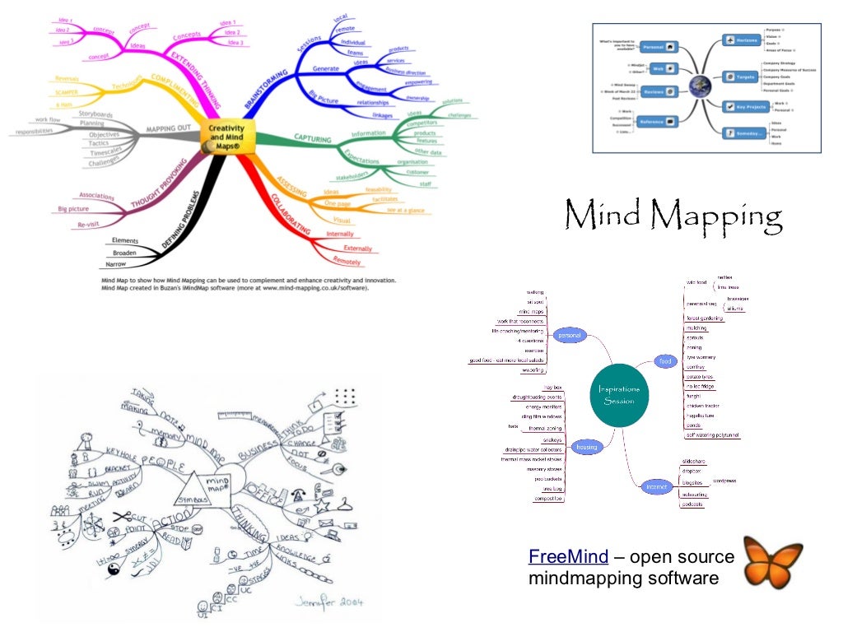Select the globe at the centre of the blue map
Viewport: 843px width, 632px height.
699,85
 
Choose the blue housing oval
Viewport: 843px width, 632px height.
587,448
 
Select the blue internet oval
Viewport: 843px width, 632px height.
656,487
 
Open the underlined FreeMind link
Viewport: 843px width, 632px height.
568,558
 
